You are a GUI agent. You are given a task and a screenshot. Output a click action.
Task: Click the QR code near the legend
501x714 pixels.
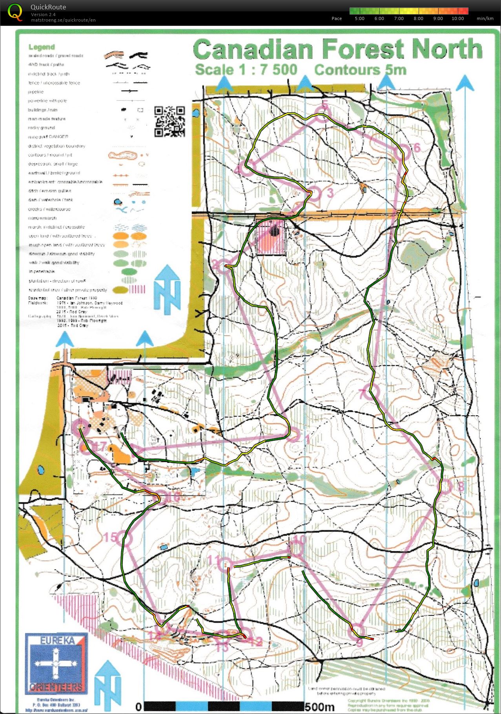(x=169, y=121)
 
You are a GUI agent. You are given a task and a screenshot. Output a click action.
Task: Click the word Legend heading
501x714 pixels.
(x=42, y=47)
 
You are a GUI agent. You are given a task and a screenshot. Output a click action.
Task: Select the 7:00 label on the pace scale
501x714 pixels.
(x=399, y=18)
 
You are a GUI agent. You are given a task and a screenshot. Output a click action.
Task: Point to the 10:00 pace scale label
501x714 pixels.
(x=457, y=18)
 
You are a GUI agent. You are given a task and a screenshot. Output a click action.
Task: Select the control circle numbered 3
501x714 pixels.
(x=315, y=193)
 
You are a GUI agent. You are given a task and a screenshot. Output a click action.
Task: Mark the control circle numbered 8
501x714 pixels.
(x=445, y=486)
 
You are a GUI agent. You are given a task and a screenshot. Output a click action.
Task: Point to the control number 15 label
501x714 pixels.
(x=111, y=537)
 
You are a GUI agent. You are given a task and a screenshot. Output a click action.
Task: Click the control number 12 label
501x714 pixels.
(x=255, y=641)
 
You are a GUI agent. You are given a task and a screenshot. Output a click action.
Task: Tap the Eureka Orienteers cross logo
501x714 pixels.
(x=56, y=664)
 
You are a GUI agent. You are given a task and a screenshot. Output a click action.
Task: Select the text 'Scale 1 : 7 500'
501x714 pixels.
(x=246, y=70)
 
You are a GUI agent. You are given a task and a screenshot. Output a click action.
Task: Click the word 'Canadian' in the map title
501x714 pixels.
(x=253, y=50)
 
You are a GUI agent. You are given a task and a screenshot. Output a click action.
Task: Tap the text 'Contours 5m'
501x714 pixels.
(x=360, y=70)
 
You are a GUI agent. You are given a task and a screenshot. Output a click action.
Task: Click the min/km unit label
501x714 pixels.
(x=485, y=18)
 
